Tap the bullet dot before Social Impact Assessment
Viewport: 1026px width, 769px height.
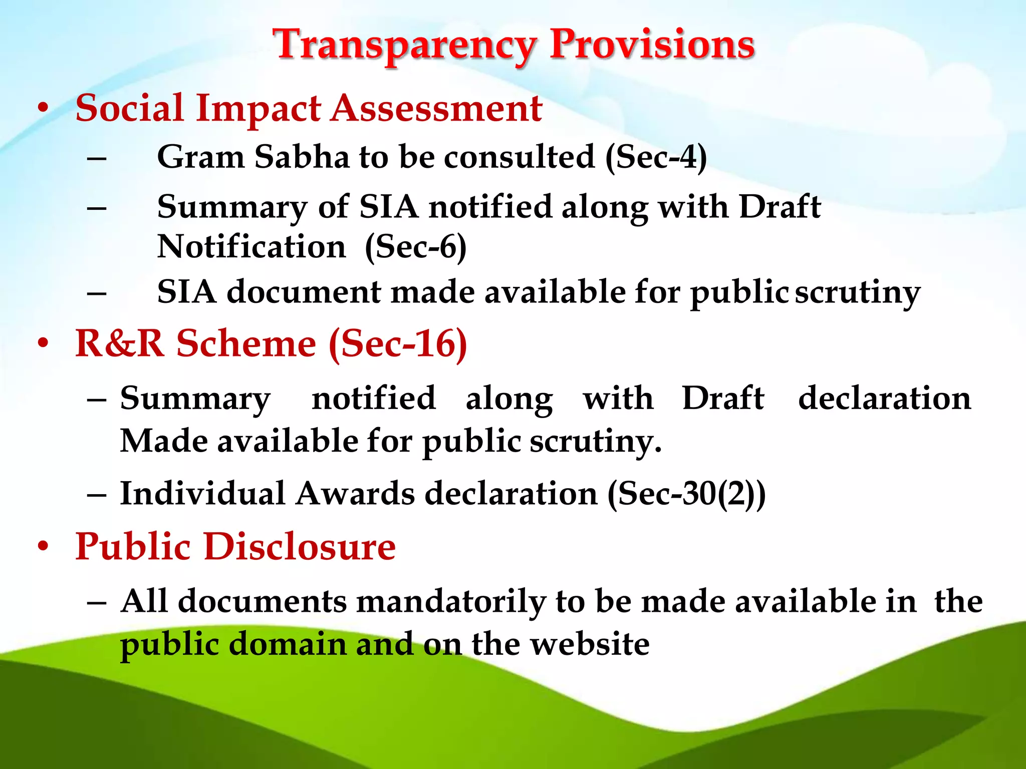pyautogui.click(x=44, y=108)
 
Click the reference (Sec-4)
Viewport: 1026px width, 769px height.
pyautogui.click(x=656, y=157)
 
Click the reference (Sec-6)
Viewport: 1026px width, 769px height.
pyautogui.click(x=416, y=247)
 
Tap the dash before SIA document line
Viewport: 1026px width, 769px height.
pyautogui.click(x=96, y=293)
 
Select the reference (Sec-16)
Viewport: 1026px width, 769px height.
pyautogui.click(x=398, y=344)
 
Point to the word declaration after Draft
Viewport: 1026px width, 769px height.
pyautogui.click(x=884, y=399)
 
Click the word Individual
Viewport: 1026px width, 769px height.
pyautogui.click(x=202, y=494)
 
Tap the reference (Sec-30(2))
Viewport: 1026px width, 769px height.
pyautogui.click(x=686, y=494)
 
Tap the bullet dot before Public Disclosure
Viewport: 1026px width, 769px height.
pyautogui.click(x=44, y=546)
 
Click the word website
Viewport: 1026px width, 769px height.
pyautogui.click(x=590, y=644)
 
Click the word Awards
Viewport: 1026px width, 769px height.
pyautogui.click(x=355, y=494)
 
